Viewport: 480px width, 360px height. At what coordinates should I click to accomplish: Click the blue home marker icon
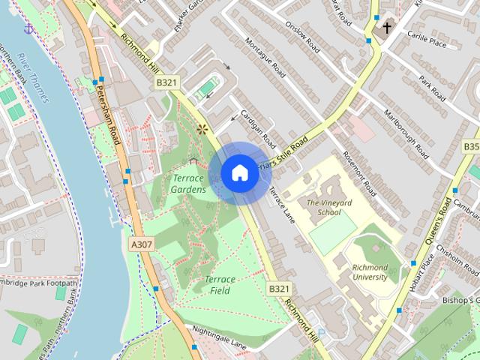238,172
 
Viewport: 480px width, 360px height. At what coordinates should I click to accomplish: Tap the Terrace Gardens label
189,184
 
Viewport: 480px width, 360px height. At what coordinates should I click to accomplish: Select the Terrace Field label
220,284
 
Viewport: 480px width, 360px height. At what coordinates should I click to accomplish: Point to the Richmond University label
361,271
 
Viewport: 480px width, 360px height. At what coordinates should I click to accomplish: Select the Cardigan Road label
258,129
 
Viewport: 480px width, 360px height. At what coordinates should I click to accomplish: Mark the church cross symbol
387,28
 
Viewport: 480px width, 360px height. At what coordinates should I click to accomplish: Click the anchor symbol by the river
29,28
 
